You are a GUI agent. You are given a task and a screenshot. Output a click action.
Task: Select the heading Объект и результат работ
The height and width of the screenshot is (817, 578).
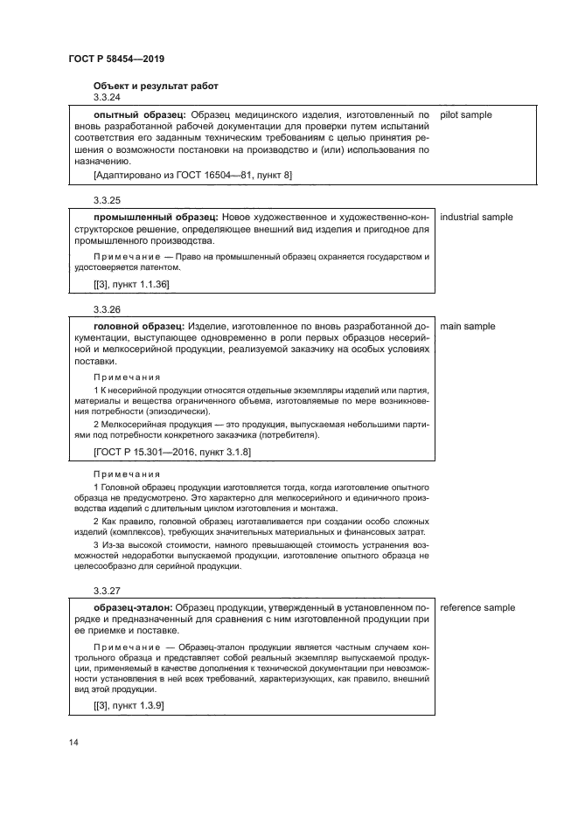[x=156, y=86]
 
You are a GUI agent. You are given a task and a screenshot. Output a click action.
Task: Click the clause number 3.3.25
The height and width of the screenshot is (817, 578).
[x=107, y=200]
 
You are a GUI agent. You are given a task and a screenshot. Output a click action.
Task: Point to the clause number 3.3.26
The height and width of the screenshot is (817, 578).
[x=107, y=309]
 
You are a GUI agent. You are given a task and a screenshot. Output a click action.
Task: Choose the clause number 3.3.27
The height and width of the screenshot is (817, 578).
[x=107, y=591]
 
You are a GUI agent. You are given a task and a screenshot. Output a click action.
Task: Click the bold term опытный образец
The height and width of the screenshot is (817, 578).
[x=139, y=114]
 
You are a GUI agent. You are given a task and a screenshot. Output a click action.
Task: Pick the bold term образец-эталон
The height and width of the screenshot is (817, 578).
[x=133, y=607]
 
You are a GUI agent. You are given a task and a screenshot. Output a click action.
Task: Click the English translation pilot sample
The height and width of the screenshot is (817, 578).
[x=466, y=114]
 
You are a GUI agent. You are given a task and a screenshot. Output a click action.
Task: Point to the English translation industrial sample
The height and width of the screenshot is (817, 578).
[x=477, y=217]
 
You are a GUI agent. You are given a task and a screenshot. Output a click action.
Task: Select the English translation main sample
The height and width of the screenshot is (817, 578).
[x=468, y=326]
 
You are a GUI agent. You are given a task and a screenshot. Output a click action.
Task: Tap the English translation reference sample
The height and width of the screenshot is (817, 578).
[x=477, y=607]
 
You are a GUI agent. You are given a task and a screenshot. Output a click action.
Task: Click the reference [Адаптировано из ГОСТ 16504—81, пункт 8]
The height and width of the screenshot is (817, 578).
[x=192, y=176]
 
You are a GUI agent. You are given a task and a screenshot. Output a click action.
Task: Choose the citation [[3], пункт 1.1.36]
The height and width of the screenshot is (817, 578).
[x=131, y=285]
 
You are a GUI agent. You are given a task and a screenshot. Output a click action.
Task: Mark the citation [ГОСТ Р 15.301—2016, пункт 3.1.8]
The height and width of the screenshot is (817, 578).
[x=171, y=452]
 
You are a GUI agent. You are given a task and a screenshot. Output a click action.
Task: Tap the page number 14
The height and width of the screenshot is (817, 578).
[x=73, y=743]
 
